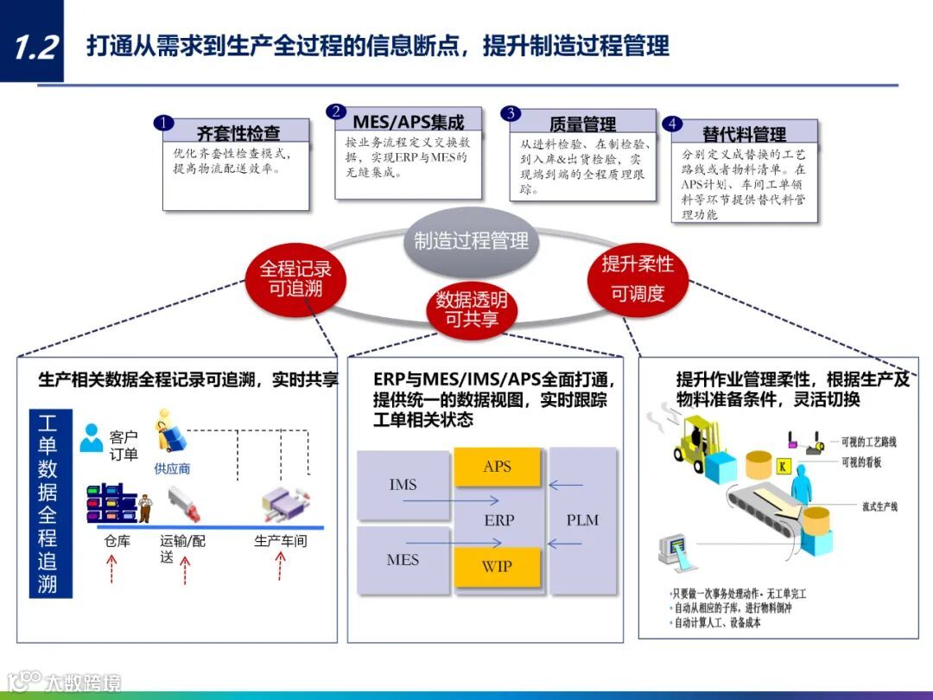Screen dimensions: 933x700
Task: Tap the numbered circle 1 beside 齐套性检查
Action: click(163, 124)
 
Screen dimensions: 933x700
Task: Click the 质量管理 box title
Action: click(582, 124)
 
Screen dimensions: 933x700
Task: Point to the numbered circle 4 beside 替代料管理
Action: click(672, 124)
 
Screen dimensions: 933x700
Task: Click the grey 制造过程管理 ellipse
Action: click(471, 240)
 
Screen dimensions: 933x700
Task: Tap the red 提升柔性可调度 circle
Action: click(638, 278)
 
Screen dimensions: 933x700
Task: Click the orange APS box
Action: click(498, 467)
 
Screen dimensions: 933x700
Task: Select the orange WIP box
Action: click(498, 567)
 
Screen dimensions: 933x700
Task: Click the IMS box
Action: click(403, 485)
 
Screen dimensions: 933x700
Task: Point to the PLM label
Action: click(582, 520)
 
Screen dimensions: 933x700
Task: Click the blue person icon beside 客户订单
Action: click(91, 438)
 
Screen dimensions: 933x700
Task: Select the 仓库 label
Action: click(116, 542)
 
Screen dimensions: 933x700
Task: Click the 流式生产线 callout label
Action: click(879, 506)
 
